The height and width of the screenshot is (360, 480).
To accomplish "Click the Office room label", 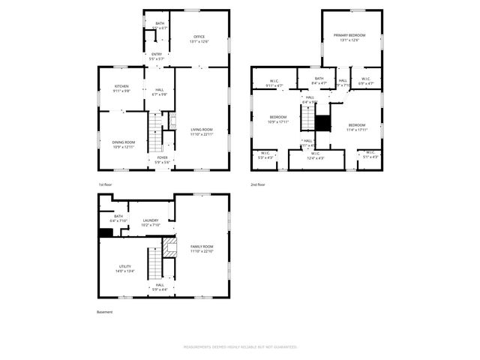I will (x=199, y=37).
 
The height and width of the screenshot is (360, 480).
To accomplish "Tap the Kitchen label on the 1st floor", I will (x=121, y=86).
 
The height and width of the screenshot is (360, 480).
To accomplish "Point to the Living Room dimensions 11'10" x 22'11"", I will (x=202, y=134).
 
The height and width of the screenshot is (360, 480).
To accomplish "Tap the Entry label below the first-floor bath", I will (x=156, y=54).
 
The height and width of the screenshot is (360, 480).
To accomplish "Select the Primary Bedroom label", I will (x=350, y=35).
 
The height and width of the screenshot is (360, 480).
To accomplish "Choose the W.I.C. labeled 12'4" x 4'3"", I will (x=316, y=157).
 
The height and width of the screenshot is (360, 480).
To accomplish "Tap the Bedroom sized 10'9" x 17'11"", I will (x=277, y=118).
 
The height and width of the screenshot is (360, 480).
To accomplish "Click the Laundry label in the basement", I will (x=150, y=220).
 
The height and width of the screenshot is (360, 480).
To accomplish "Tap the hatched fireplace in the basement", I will (x=169, y=248).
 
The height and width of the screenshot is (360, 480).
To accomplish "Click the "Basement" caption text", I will (x=105, y=312).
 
